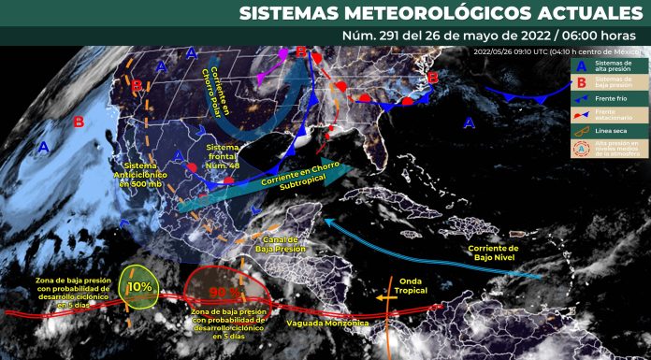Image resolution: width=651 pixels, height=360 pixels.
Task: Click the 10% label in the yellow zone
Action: click(139, 287)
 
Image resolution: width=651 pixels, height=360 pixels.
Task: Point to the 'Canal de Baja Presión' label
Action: click(280, 244)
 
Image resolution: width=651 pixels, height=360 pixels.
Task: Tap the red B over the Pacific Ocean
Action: click(79, 122)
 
